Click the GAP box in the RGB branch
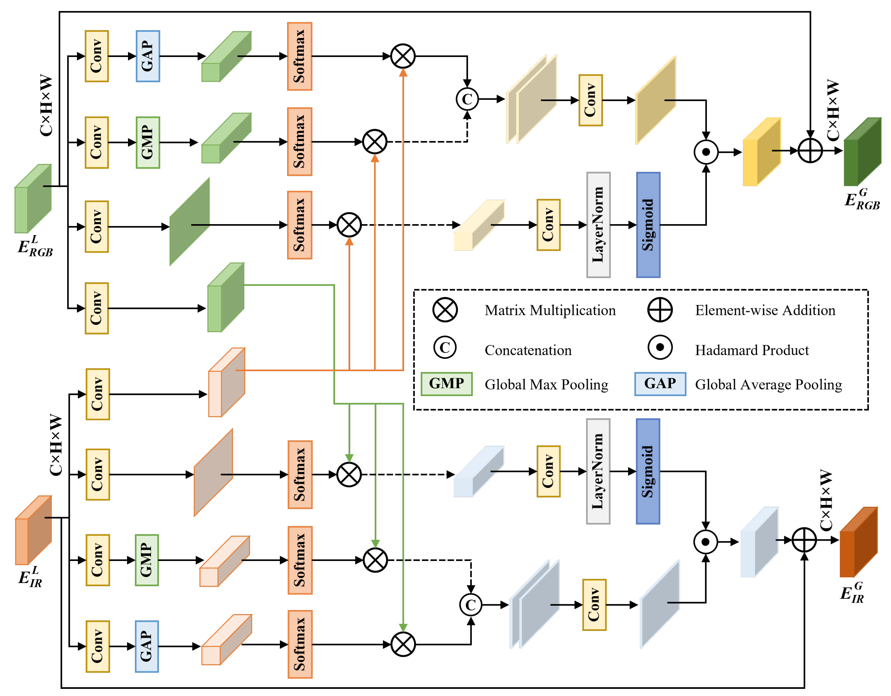tap(148, 56)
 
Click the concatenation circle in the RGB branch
tap(467, 99)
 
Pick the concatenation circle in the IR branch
tap(471, 605)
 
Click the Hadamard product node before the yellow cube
tap(706, 152)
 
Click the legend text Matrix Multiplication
tap(550, 311)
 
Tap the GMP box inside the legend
tap(446, 383)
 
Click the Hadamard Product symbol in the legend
tap(660, 348)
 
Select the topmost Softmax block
tap(300, 56)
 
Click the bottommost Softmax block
tap(300, 644)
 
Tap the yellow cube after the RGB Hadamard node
tap(761, 152)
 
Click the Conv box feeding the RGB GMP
tap(97, 142)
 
